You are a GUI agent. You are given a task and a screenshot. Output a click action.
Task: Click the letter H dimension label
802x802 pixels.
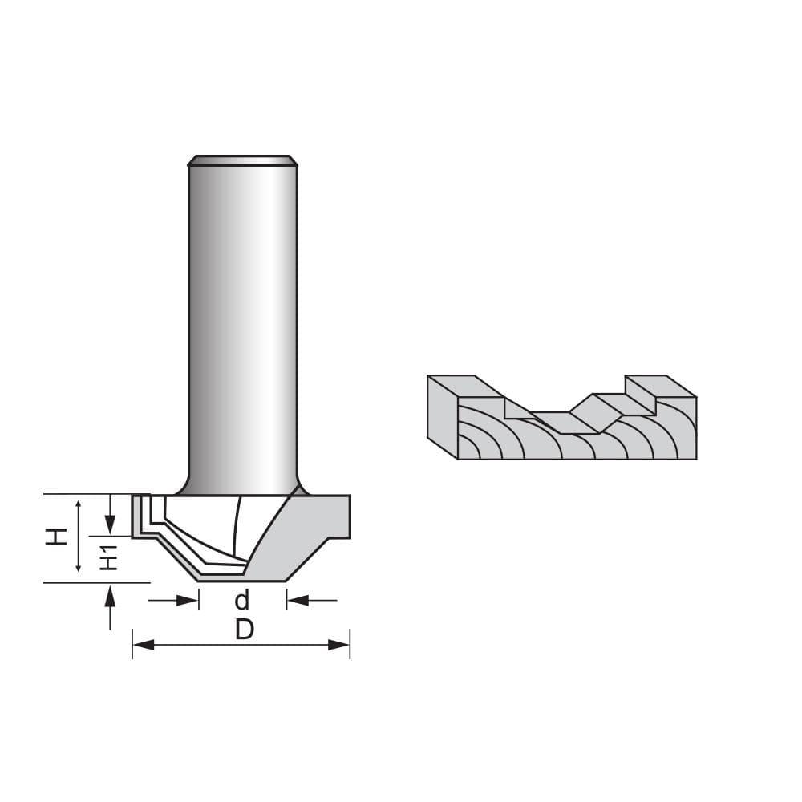pyautogui.click(x=55, y=537)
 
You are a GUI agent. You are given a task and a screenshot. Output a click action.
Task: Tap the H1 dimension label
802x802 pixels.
pyautogui.click(x=111, y=557)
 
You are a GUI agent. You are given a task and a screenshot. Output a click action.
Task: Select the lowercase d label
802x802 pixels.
pyautogui.click(x=242, y=600)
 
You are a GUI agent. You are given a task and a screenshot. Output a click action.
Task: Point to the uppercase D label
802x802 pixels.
pyautogui.click(x=244, y=630)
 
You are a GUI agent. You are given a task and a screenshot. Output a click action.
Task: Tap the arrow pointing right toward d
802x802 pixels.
pyautogui.click(x=189, y=599)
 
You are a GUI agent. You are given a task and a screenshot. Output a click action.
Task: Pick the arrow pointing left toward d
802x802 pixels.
pyautogui.click(x=297, y=599)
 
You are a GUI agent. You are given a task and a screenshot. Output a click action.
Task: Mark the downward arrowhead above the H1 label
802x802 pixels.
pyautogui.click(x=111, y=525)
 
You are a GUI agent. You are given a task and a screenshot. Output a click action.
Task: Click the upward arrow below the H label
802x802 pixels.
pyautogui.click(x=111, y=594)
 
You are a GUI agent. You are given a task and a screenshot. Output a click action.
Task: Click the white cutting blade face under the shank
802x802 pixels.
pyautogui.click(x=200, y=529)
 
